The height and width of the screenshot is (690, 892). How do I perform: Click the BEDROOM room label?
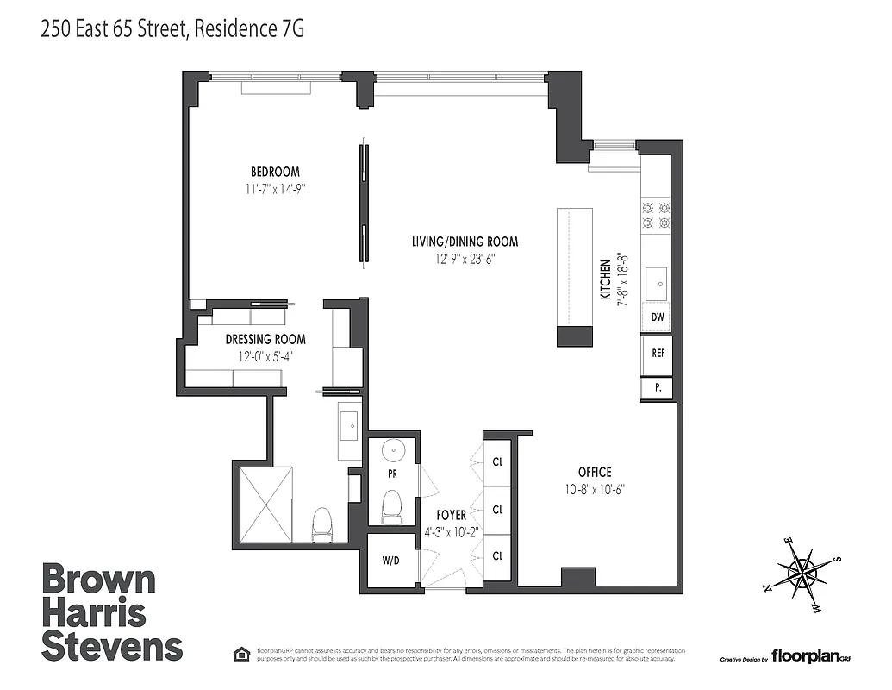(x=275, y=172)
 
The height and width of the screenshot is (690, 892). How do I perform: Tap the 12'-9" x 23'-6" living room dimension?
(x=465, y=258)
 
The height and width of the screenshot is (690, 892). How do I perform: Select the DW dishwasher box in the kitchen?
(x=657, y=317)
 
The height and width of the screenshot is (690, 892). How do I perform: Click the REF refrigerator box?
(x=657, y=353)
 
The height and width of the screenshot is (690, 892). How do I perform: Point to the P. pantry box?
(x=657, y=388)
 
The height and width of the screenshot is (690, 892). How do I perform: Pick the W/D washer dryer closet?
(x=390, y=561)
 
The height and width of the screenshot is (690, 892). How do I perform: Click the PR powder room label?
(x=391, y=474)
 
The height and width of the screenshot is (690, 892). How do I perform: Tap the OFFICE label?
(x=594, y=472)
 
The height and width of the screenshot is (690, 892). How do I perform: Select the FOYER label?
(x=451, y=515)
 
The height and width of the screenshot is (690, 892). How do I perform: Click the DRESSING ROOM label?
(x=265, y=340)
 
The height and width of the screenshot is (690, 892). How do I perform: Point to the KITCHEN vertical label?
(x=606, y=279)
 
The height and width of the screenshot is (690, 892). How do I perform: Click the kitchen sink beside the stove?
(x=658, y=279)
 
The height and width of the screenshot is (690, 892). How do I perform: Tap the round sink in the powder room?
(x=392, y=451)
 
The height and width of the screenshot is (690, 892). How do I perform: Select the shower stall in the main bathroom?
(x=265, y=505)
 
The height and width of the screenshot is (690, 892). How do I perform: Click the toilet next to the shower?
(x=322, y=524)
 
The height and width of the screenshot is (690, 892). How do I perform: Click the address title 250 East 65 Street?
(x=172, y=29)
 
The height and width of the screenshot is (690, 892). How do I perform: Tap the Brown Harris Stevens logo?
(x=112, y=612)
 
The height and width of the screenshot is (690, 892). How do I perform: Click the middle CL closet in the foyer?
(x=497, y=509)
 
